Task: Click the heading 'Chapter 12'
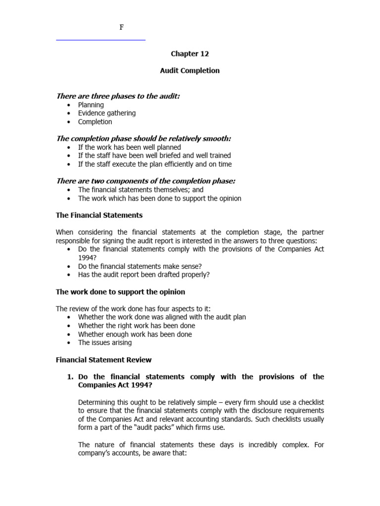tap(190, 54)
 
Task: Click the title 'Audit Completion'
tap(190, 71)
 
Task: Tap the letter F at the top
tap(122, 28)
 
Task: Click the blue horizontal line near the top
tap(100, 40)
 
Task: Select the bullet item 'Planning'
tap(91, 105)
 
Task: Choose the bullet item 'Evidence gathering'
tap(106, 113)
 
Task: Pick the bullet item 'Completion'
tap(95, 122)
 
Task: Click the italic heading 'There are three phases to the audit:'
tap(118, 96)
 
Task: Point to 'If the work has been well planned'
tap(129, 147)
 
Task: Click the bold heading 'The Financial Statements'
tap(99, 215)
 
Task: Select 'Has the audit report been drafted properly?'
tap(143, 275)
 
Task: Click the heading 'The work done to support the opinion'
tap(120, 292)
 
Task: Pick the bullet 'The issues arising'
tap(104, 342)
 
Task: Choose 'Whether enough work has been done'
tap(135, 334)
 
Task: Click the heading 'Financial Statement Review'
tap(103, 360)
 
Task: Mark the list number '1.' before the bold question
tap(70, 377)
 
